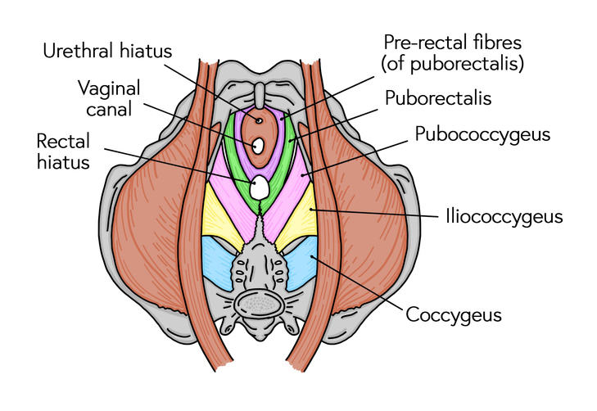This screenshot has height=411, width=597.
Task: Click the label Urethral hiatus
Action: (107, 51)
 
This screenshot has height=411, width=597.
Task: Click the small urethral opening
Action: (259, 121)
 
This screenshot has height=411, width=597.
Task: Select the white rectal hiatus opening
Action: (260, 187)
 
